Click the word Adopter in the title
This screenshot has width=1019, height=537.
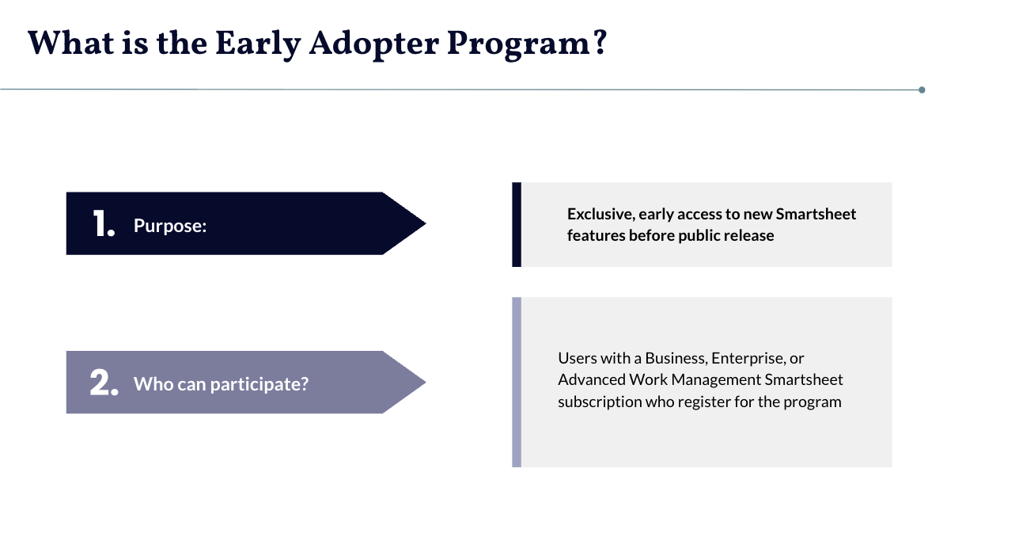pos(373,44)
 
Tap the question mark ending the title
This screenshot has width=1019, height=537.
pos(600,42)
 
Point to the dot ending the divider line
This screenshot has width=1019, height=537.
pos(922,89)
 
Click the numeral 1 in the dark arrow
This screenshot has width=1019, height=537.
pos(100,223)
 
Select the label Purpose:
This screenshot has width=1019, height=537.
pos(169,226)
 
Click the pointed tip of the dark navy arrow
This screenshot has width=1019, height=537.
pos(426,223)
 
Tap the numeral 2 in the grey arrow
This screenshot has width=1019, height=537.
pos(100,382)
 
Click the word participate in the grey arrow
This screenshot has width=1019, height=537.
pos(259,384)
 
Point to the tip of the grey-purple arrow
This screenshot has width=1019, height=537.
pos(426,382)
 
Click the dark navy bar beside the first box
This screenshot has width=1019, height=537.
pos(517,225)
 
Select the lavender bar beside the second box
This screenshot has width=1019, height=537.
pos(517,382)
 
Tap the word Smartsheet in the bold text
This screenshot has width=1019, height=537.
pos(816,214)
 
